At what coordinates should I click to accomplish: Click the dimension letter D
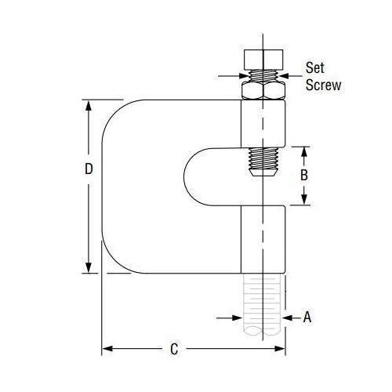coord(89,169)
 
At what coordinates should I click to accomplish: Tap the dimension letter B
coord(304,175)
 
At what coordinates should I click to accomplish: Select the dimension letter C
coord(174,349)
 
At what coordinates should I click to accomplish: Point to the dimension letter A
coord(307,318)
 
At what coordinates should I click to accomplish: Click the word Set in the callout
coord(315,67)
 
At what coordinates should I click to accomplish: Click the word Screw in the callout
coord(324,85)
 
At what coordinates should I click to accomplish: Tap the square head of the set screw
coord(263,60)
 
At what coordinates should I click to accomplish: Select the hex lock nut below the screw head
coord(263,90)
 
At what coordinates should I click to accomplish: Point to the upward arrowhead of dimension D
coord(89,105)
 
